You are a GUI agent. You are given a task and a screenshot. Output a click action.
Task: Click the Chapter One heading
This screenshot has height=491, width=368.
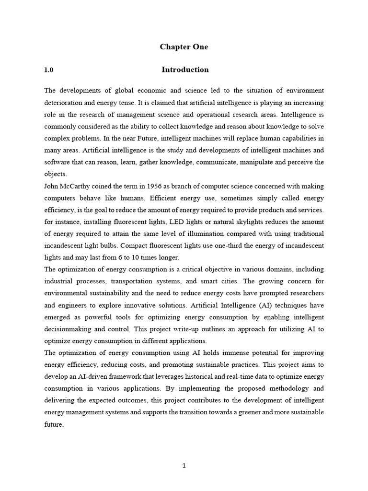pos(184,47)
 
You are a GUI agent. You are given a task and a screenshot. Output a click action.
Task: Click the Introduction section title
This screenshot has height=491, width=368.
pos(185,70)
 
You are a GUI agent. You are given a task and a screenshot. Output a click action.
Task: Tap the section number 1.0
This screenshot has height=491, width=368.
pos(49,70)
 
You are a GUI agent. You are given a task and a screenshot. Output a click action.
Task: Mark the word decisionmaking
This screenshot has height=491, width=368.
pos(70,329)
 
